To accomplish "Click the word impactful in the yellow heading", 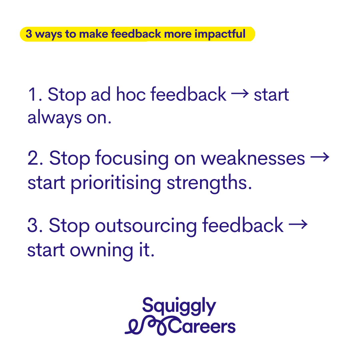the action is pos(220,34).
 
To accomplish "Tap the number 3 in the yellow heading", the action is pos(29,34).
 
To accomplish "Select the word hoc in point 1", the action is pos(131,94).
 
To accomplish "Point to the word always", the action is pos(54,118).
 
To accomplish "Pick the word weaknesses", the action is pos(253,158).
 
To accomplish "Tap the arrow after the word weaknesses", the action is pos(320,157).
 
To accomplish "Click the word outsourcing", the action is pos(146,226).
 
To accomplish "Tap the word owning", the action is pos(101,251).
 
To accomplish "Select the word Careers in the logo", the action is pos(202,326).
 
